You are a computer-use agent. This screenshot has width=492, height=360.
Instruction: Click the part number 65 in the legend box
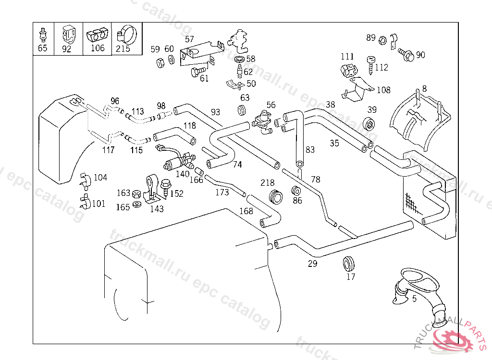point(43,48)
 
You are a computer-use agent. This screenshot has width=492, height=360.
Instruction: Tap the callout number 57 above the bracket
point(189,39)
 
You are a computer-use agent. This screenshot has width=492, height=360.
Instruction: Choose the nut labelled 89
point(383,39)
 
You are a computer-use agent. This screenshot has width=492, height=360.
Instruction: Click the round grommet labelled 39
point(370,123)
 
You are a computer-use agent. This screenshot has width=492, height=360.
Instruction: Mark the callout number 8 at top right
point(424,88)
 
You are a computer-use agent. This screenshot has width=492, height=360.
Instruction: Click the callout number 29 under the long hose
point(312,263)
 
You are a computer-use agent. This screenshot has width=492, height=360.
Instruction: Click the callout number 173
point(222,192)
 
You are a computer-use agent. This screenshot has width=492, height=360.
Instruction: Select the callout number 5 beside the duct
point(414,298)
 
